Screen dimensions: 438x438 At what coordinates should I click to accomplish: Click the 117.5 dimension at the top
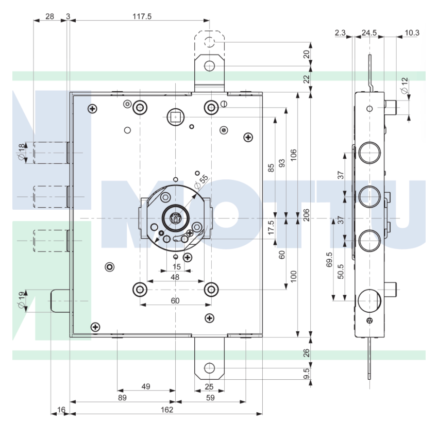tap(142, 16)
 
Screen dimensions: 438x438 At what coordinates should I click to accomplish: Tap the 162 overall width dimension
tap(167, 410)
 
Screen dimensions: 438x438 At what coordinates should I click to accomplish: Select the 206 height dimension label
tap(307, 215)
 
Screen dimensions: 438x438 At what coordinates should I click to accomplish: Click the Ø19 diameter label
tap(22, 300)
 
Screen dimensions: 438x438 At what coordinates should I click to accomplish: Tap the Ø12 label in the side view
tap(404, 86)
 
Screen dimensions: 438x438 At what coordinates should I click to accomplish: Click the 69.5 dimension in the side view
tap(329, 260)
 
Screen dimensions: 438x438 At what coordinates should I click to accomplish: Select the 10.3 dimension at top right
tap(412, 33)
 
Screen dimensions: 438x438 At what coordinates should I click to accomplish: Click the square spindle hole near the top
tap(175, 117)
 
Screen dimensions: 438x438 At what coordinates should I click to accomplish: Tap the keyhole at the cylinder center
tap(176, 218)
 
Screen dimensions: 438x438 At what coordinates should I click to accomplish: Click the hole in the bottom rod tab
tap(210, 368)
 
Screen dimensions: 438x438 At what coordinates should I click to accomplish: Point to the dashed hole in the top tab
tap(210, 42)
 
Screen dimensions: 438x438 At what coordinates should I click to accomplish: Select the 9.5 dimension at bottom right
tap(307, 374)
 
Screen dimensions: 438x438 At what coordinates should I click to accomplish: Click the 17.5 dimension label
tap(271, 227)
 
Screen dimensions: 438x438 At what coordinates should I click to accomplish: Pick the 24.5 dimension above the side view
tap(369, 33)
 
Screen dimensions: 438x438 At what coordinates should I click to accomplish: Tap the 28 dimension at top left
tap(49, 16)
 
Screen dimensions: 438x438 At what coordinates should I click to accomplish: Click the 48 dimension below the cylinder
tap(175, 277)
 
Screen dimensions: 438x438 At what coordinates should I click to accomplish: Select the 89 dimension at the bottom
tap(122, 397)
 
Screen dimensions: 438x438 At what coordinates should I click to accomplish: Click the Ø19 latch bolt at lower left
tap(60, 301)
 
